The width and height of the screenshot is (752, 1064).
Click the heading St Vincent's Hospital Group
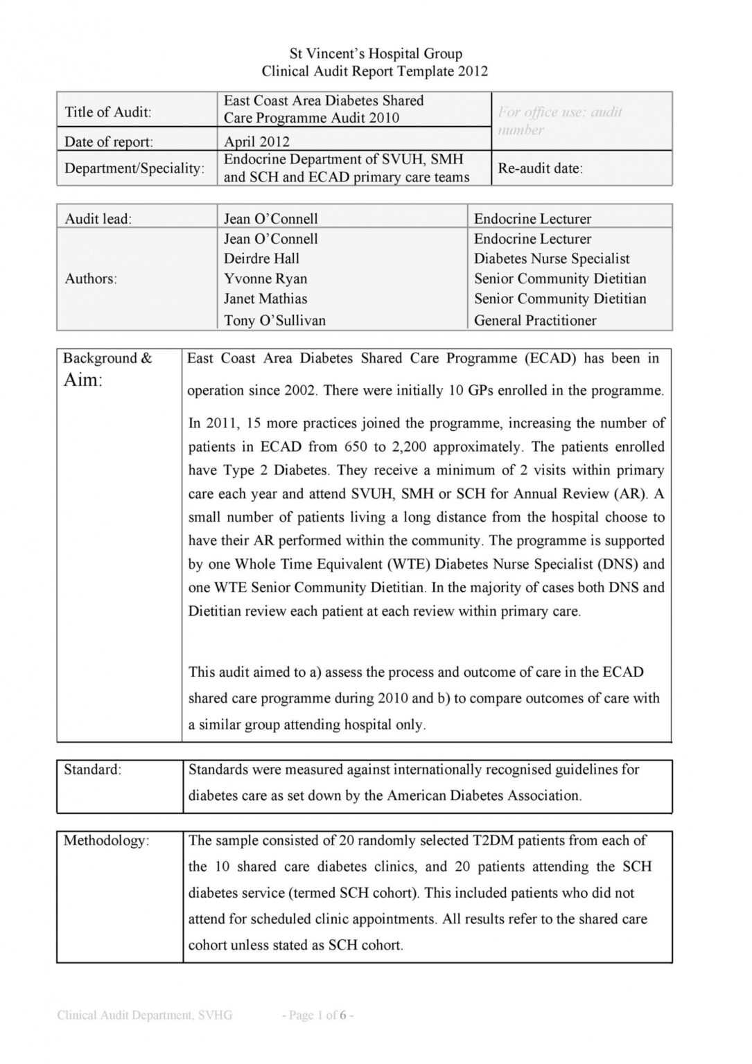376,53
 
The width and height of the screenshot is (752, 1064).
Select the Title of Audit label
108,112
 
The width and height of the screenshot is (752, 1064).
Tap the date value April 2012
256,142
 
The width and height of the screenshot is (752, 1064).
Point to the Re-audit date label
540,168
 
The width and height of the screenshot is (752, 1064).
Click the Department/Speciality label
134,168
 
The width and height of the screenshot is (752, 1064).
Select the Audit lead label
98,219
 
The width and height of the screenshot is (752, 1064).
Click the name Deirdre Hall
261,258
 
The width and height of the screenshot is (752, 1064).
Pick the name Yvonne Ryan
265,278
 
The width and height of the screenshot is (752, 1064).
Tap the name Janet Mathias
265,299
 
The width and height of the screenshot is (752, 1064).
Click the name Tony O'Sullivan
274,320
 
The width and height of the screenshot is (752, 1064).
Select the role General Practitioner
534,320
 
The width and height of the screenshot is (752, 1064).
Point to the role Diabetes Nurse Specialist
552,258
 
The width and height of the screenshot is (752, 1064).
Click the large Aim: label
83,380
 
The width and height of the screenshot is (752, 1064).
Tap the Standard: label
92,770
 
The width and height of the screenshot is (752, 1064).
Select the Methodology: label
106,840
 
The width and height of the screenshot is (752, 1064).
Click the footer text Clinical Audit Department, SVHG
144,1015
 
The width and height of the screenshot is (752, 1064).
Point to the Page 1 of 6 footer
317,1015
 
